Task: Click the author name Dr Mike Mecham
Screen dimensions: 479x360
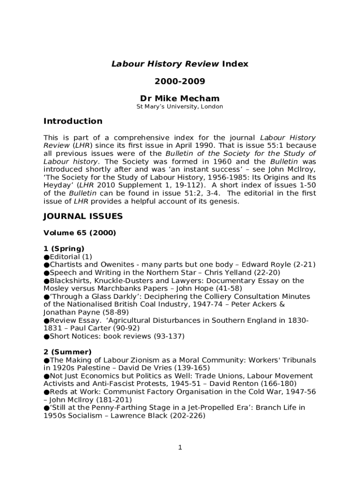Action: point(180,98)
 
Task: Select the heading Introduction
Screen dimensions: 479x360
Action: point(72,121)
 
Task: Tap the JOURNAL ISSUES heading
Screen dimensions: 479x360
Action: point(83,216)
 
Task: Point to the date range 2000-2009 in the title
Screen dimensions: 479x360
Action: point(180,81)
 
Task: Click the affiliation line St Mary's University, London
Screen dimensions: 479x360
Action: point(180,107)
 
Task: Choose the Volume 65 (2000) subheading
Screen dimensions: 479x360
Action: point(79,232)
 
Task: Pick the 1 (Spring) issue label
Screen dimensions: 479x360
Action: point(64,248)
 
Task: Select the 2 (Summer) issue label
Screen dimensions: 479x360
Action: point(67,352)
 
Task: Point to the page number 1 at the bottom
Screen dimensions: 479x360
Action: point(180,448)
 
